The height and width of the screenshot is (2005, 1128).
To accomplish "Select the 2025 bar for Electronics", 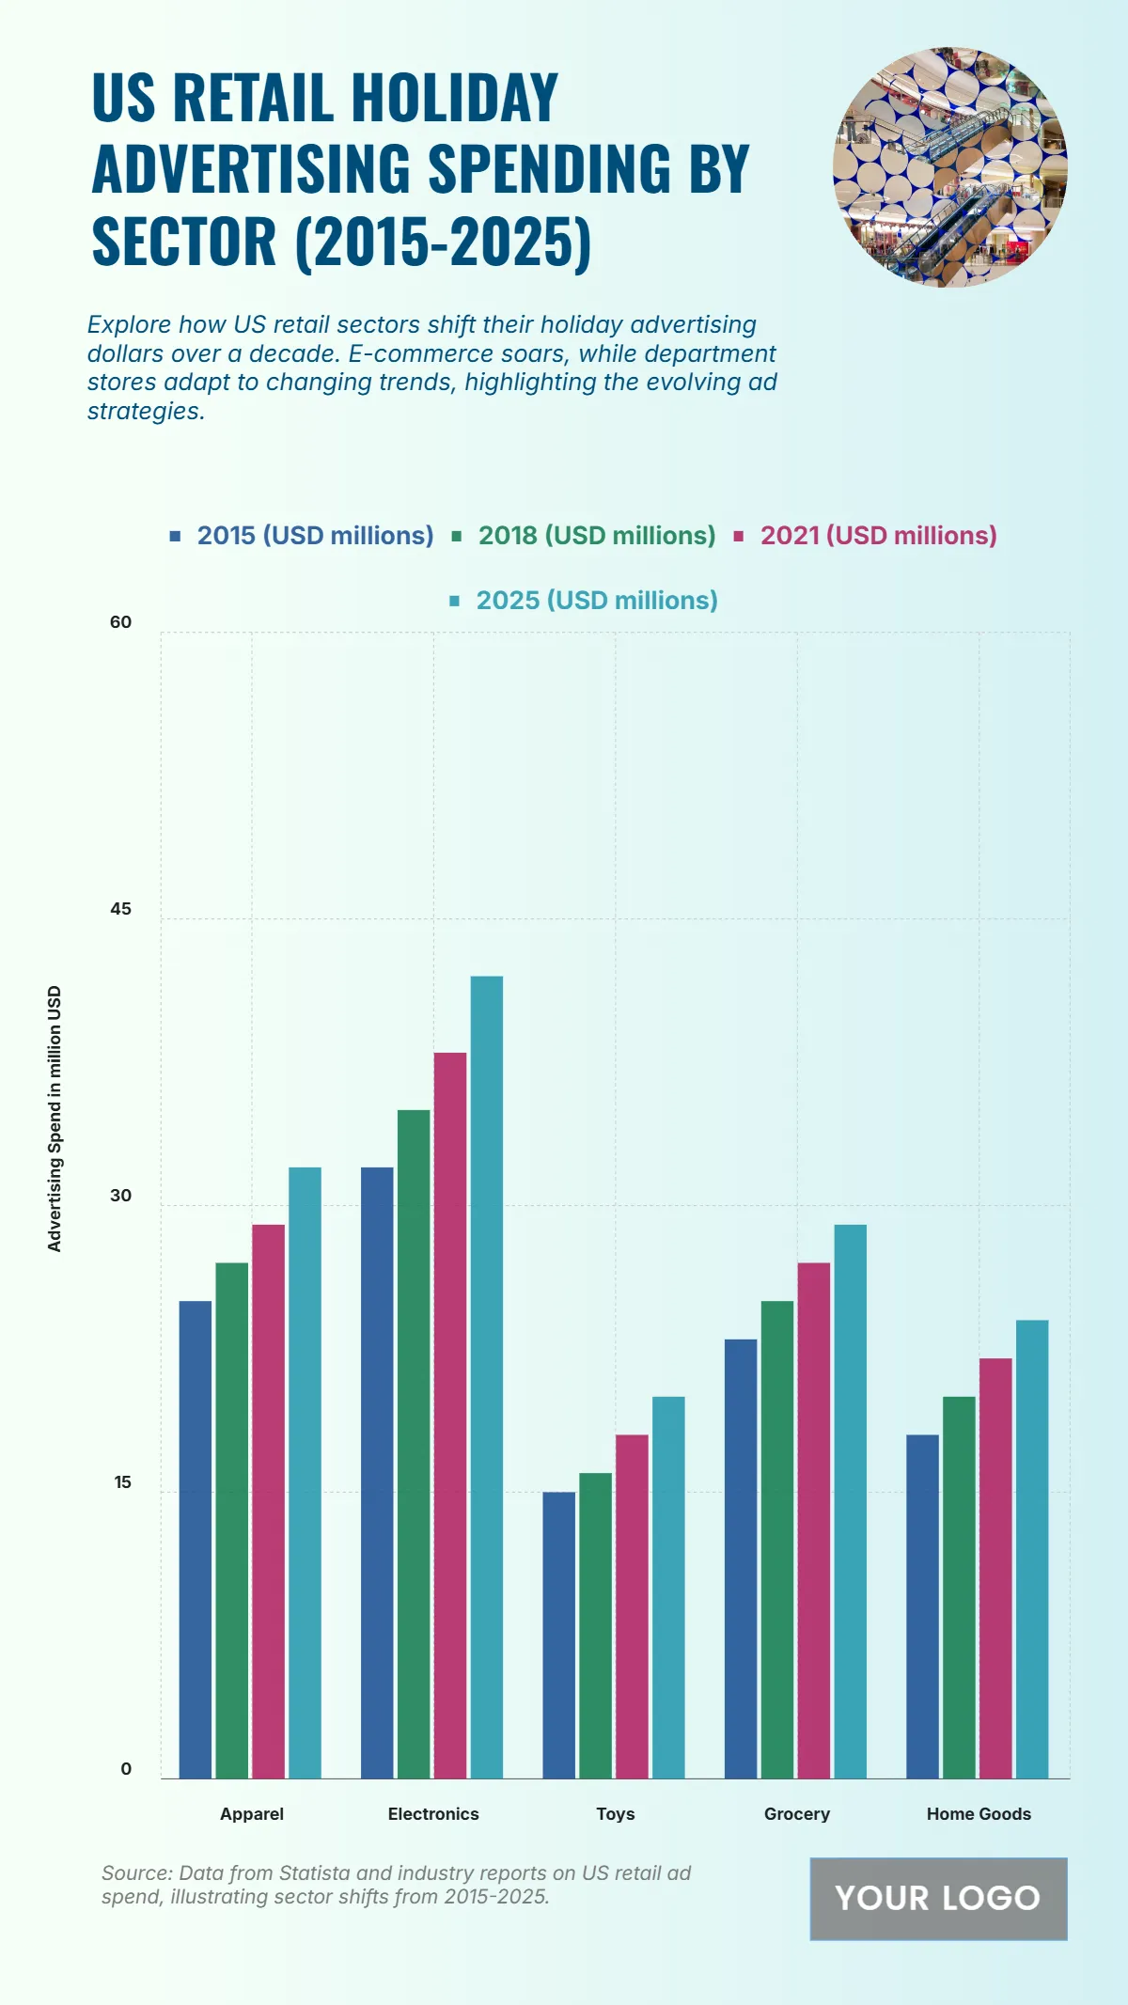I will coord(487,1377).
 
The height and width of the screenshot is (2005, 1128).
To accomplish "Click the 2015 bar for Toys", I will coord(558,1635).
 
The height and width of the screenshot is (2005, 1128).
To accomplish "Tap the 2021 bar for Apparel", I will coord(268,1501).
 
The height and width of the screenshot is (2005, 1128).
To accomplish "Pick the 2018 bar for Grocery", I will coord(777,1539).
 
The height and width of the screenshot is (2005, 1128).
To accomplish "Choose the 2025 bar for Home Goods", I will coord(1032,1549).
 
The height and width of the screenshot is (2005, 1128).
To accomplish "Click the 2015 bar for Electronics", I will coord(377,1472).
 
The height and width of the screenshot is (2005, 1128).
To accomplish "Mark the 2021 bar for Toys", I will coord(632,1606).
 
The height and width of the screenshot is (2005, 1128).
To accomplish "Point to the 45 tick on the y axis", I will coord(121,909).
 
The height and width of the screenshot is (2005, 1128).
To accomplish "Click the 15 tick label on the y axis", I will coord(122,1482).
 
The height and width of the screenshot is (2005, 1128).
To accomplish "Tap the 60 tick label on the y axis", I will coord(121,622).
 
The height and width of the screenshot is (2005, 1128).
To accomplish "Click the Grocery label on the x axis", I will coord(797,1814).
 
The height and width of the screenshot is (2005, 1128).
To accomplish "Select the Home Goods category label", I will coord(979,1814).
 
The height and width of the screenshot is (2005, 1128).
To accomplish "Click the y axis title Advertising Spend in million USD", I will coord(55,1119).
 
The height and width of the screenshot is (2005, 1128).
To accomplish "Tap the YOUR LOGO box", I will coord(938,1899).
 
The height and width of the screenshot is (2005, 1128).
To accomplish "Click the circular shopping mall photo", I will coord(949,167).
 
